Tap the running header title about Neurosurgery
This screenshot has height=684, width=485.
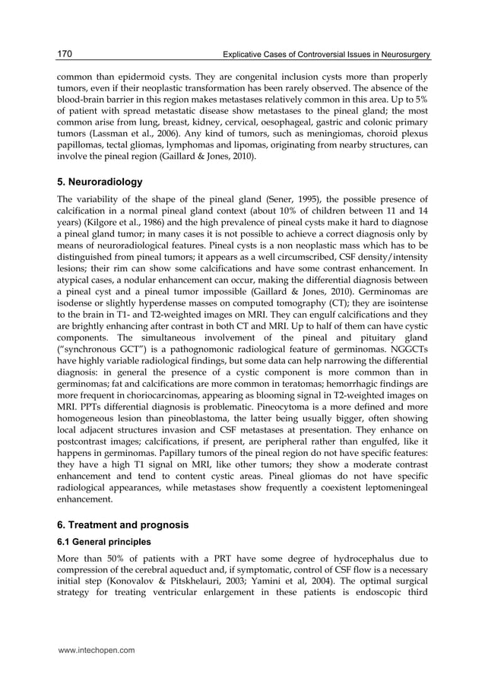coord(325,55)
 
